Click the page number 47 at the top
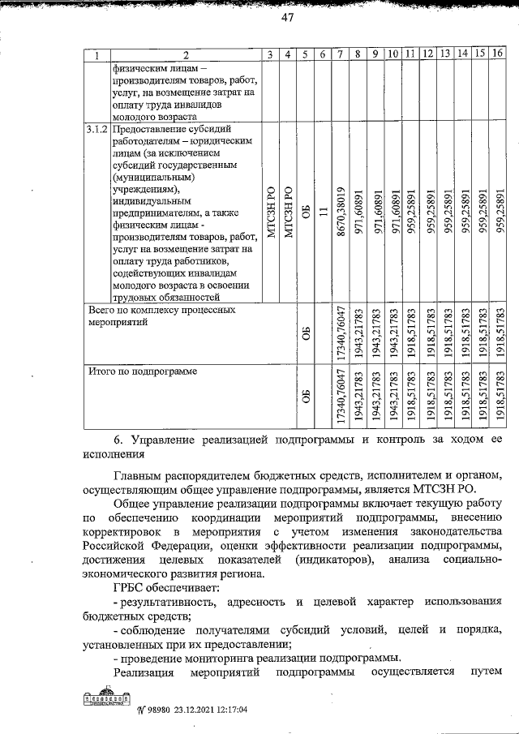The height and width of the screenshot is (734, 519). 286,19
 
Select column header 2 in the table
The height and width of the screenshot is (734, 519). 184,54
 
